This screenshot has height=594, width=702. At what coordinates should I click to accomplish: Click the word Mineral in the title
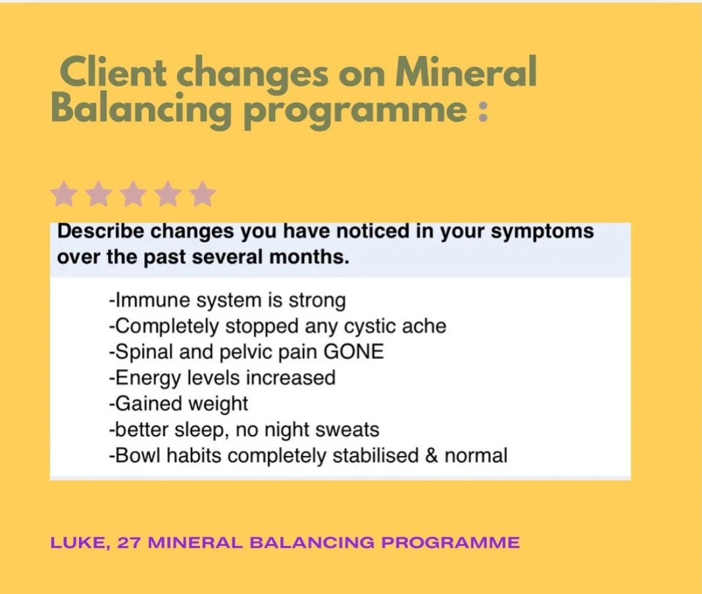pyautogui.click(x=466, y=73)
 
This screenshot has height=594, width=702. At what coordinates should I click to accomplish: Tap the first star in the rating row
pyautogui.click(x=64, y=195)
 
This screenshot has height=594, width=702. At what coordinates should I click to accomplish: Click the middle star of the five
pyautogui.click(x=134, y=195)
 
